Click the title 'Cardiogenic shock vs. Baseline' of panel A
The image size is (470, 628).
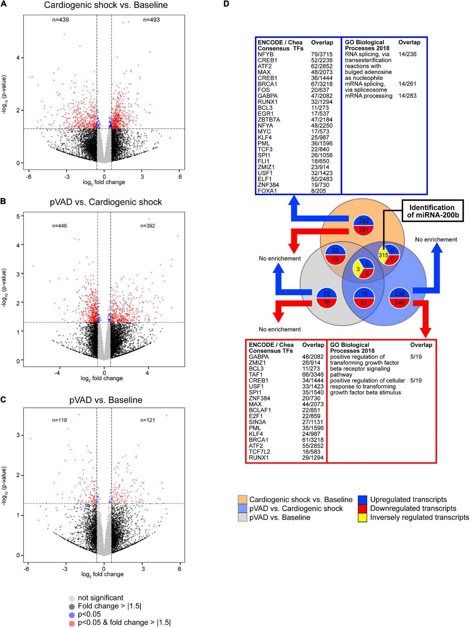[x=106, y=5]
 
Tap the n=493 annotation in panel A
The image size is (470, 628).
[x=151, y=20]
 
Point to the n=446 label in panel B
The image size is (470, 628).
[x=60, y=226]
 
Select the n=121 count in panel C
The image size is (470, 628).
[x=148, y=420]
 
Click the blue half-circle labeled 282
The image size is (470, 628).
[x=364, y=221]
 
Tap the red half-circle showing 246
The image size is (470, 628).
[x=399, y=303]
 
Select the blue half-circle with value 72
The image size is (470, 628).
[x=326, y=293]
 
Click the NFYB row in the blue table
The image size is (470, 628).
[x=265, y=54]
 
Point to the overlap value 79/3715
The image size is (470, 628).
[x=322, y=54]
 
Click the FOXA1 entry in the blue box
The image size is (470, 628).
[x=267, y=191]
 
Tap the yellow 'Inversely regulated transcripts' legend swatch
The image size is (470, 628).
[x=362, y=518]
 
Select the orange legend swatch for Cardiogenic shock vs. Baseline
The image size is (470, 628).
[x=242, y=500]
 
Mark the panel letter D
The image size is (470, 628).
[x=226, y=4]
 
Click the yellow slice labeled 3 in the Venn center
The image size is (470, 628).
[x=358, y=269]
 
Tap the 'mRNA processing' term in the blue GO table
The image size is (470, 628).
[x=369, y=96]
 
